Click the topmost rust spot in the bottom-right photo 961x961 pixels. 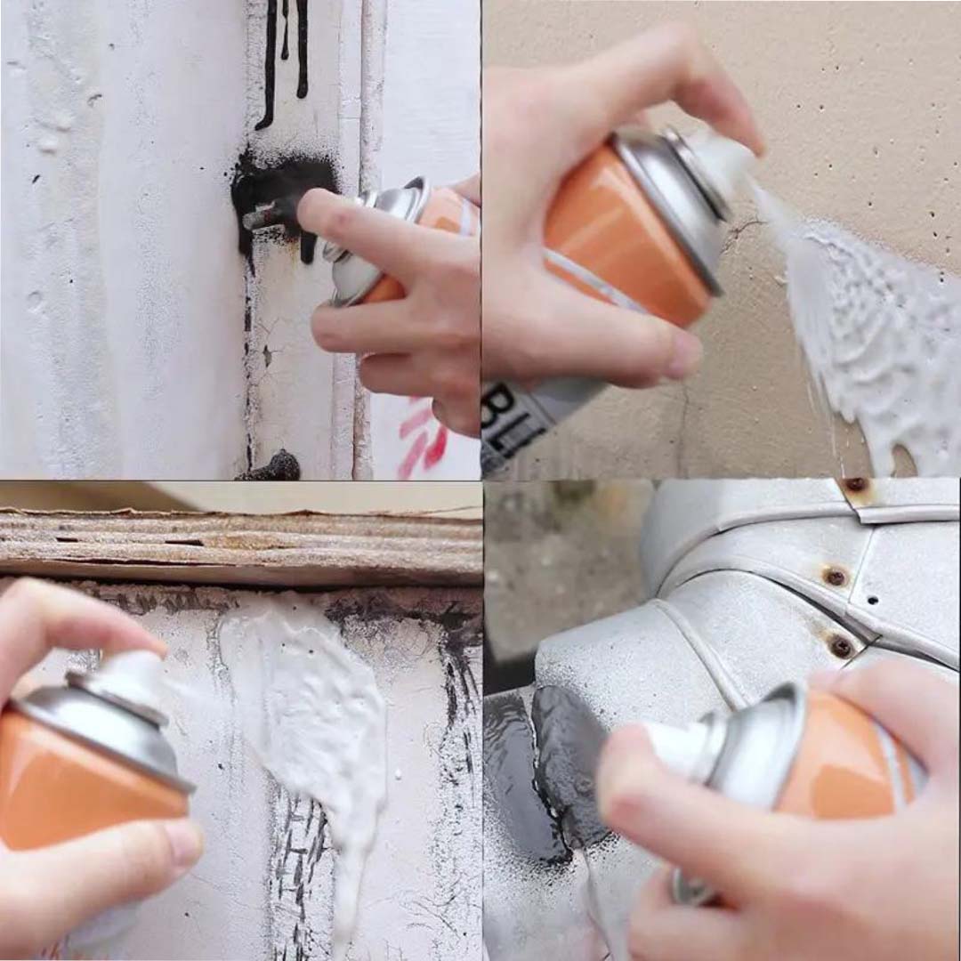[x=857, y=485]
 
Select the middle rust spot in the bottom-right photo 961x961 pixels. [x=835, y=576]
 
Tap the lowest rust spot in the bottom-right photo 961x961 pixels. [x=840, y=647]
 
